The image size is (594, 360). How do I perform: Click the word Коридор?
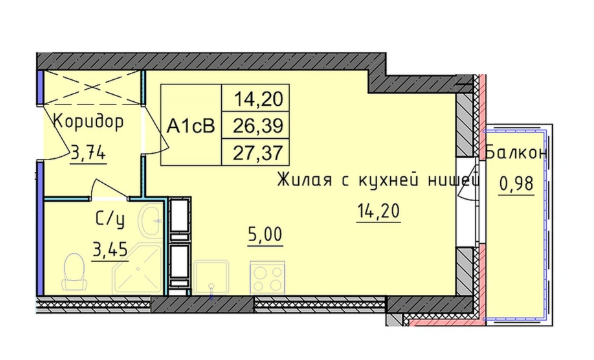89,123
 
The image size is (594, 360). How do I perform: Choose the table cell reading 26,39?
257,127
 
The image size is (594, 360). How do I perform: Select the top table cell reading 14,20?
257,100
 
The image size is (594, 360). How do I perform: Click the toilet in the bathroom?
71,270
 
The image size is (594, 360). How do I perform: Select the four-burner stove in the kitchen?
267,276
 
